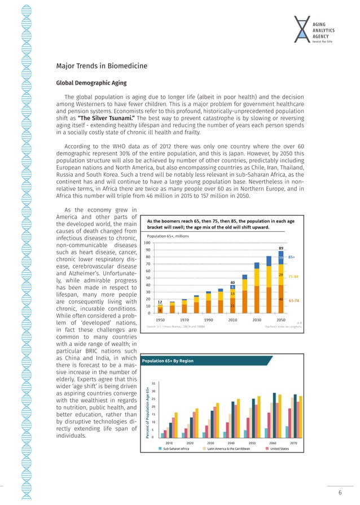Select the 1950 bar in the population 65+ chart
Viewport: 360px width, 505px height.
[160, 308]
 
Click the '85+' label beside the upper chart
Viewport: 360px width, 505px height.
[292, 257]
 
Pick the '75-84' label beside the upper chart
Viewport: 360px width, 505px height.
[293, 276]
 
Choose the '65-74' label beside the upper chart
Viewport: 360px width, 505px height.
[293, 300]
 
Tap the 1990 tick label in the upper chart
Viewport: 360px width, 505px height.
[208, 319]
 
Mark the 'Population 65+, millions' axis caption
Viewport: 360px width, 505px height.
[168, 236]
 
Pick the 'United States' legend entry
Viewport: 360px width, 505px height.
[279, 449]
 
